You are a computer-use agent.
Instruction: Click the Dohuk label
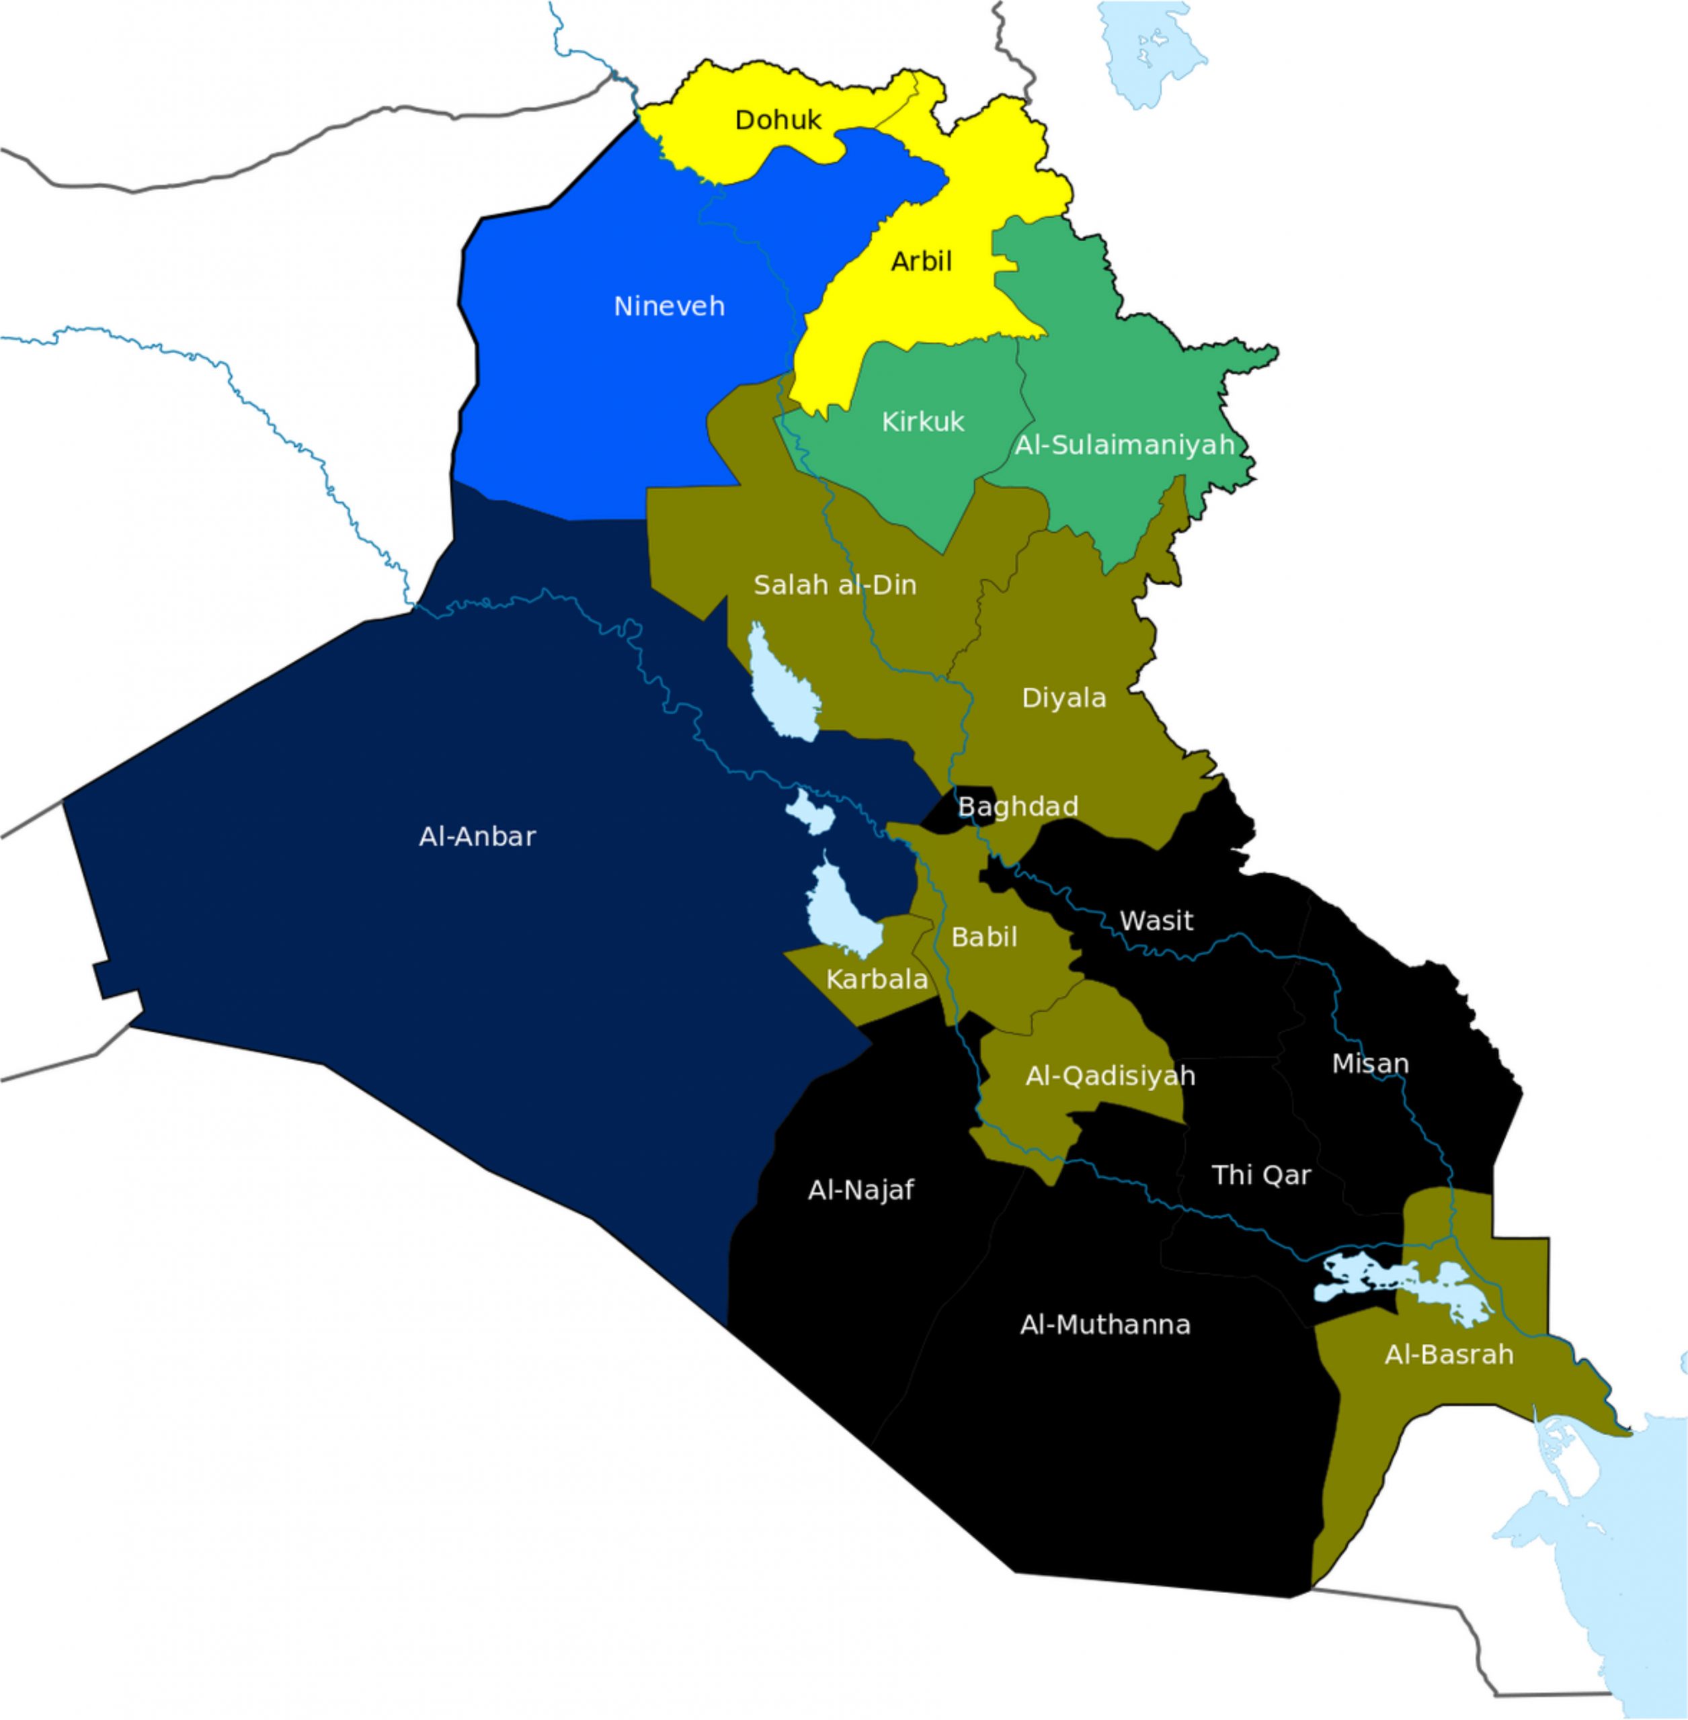click(778, 120)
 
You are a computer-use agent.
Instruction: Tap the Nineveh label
click(670, 306)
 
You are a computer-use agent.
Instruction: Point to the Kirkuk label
click(922, 422)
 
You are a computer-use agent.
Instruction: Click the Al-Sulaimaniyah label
click(1124, 445)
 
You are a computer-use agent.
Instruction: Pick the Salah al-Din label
click(834, 585)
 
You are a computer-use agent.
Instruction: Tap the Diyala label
click(1064, 698)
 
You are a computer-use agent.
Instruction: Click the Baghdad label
click(1018, 806)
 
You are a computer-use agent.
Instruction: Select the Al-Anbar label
click(477, 836)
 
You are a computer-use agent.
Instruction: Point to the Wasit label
click(1156, 920)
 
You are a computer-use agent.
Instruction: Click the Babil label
click(983, 937)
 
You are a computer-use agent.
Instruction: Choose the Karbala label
click(877, 979)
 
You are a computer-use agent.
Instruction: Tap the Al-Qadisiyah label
click(1110, 1076)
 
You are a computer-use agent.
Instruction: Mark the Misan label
click(1370, 1064)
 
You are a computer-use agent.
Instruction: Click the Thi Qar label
click(1260, 1175)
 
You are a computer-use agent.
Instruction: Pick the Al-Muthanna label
click(1104, 1325)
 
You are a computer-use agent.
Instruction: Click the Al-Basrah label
click(1449, 1354)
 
